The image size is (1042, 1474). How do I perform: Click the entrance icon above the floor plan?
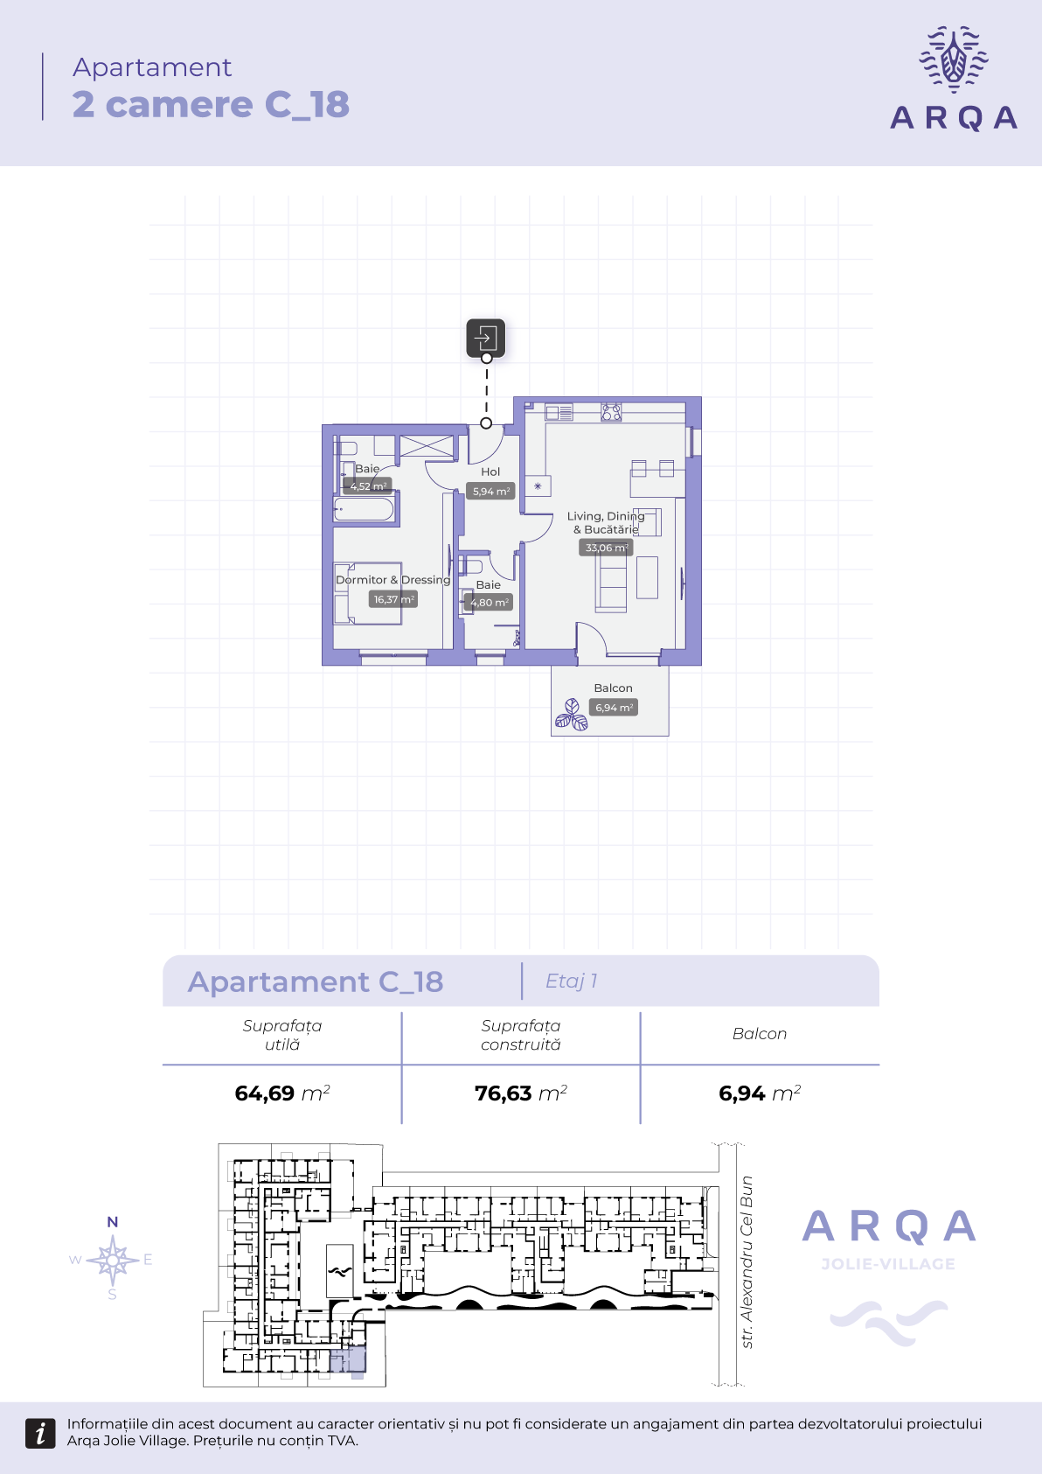click(x=486, y=339)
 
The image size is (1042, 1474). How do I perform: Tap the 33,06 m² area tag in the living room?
click(x=606, y=548)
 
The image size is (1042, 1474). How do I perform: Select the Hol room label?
click(x=490, y=472)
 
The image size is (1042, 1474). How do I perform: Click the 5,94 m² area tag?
click(x=490, y=491)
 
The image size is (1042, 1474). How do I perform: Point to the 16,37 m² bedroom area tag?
click(x=393, y=599)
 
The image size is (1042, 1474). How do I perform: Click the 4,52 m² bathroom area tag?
click(x=367, y=486)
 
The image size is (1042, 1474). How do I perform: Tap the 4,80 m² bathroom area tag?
click(x=489, y=602)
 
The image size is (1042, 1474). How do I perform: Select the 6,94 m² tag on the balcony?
click(x=614, y=708)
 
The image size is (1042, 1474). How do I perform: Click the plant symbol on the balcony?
click(x=572, y=716)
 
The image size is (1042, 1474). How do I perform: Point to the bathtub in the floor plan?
click(x=364, y=509)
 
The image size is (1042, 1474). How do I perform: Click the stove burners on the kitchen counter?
click(x=611, y=413)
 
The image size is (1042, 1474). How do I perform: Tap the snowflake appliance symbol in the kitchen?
click(x=538, y=486)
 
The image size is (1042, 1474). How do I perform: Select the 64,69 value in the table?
click(x=264, y=1093)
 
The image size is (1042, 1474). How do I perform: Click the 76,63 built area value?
click(x=503, y=1093)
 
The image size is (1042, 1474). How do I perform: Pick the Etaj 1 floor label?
click(x=572, y=982)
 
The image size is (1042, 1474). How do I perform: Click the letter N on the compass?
click(x=113, y=1222)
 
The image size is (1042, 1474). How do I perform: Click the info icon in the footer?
click(x=40, y=1433)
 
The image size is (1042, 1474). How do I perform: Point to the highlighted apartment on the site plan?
click(x=348, y=1360)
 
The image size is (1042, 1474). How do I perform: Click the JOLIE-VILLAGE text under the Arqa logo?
click(x=888, y=1264)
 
